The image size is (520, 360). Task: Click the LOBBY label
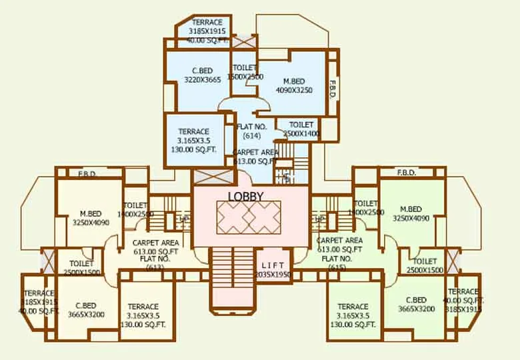tap(246, 196)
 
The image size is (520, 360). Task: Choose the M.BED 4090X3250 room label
tap(294, 85)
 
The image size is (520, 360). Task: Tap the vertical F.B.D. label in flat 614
tap(332, 89)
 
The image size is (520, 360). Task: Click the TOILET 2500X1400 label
tap(301, 129)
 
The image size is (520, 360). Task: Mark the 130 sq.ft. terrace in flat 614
tap(193, 141)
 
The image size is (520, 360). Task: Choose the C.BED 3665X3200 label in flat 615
tap(415, 305)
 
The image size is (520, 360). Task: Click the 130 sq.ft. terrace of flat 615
tap(353, 315)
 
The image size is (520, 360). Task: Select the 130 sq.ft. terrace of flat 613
tap(143, 315)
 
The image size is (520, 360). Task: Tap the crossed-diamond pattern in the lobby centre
tap(248, 216)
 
